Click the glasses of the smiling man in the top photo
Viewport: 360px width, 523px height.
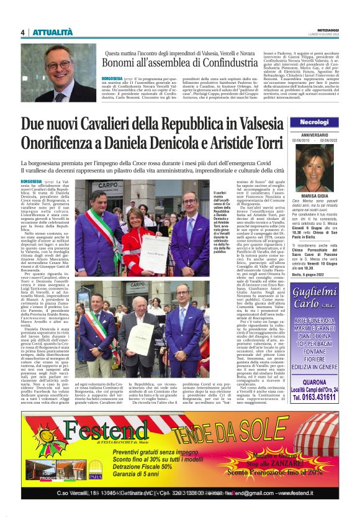[x=59, y=64]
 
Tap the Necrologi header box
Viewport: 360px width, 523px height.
[x=319, y=122]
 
